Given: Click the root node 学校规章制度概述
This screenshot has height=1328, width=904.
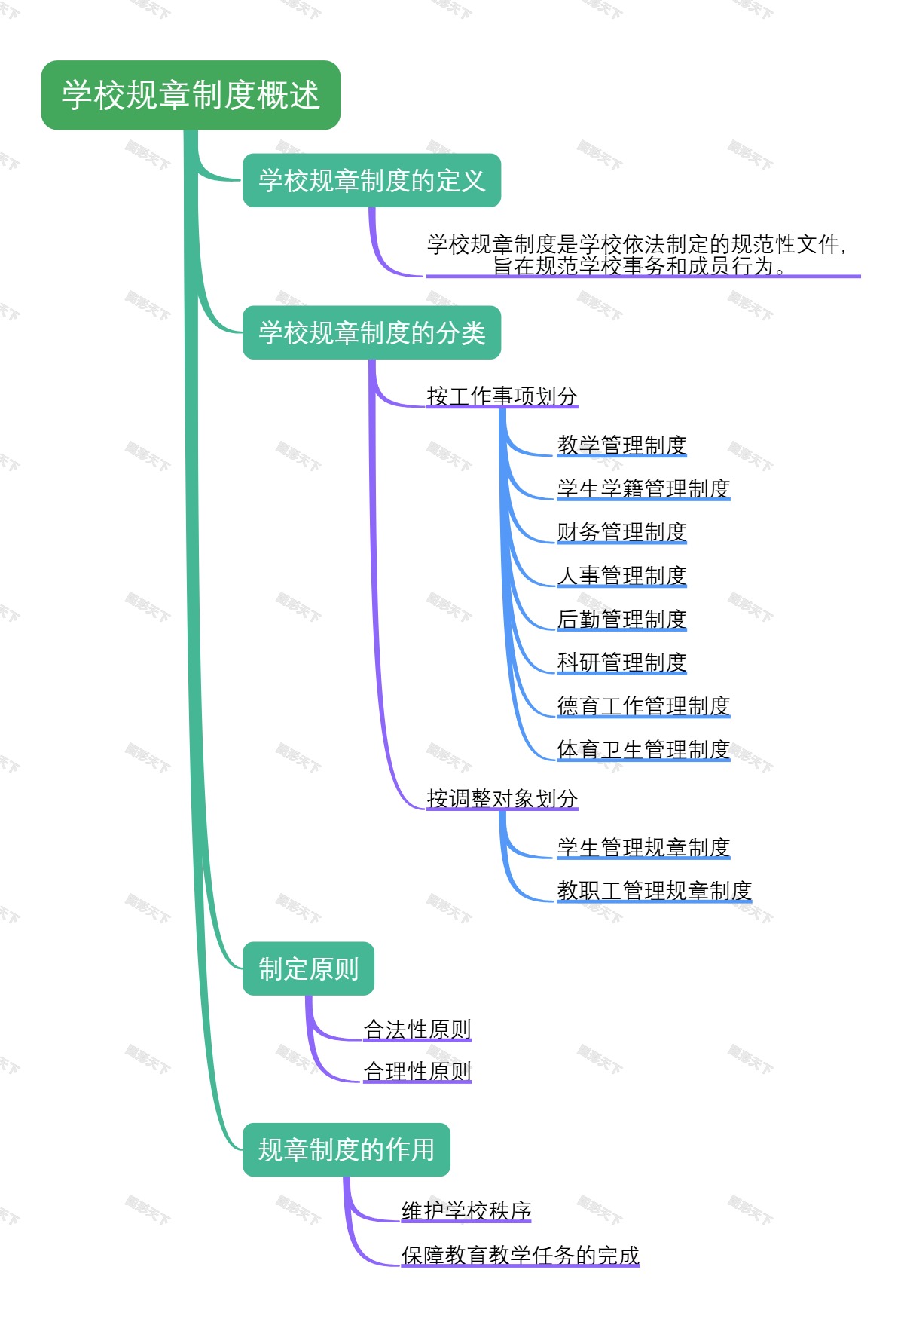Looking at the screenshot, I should pos(191,95).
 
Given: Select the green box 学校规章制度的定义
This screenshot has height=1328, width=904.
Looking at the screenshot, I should pos(371,180).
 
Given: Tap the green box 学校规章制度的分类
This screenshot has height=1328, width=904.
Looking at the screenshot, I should pos(371,332).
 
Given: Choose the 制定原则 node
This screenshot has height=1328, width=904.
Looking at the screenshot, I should pos(308,968).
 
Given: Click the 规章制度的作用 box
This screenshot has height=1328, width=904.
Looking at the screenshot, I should pos(346,1149).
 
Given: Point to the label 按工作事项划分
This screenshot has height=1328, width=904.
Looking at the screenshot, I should pos(502,396).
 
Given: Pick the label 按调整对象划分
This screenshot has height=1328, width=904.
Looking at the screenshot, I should pos(502,798).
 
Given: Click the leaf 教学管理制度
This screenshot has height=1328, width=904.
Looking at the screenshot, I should pos(621,445).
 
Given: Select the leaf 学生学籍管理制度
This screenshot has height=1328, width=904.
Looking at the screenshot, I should pos(643,488).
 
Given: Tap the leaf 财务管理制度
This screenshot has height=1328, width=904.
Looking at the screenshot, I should pos(621,531).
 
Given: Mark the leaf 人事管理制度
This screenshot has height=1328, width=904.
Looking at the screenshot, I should pos(621,575).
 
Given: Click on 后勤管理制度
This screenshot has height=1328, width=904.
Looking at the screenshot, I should pos(621,619).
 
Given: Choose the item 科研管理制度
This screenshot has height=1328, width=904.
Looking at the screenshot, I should pos(621,662).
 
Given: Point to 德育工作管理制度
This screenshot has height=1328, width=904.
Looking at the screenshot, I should pos(643,705).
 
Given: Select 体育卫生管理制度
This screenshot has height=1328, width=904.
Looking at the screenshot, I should pos(643,749).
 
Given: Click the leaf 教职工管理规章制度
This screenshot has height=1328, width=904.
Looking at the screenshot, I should pos(654,890).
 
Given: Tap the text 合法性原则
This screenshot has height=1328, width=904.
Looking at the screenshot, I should pos(417,1029).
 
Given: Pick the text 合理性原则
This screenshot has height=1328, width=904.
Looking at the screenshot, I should pos(417,1071).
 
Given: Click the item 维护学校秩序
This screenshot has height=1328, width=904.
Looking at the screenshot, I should pos(466,1210).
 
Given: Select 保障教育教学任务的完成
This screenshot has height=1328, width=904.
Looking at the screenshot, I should pos(520,1255).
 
